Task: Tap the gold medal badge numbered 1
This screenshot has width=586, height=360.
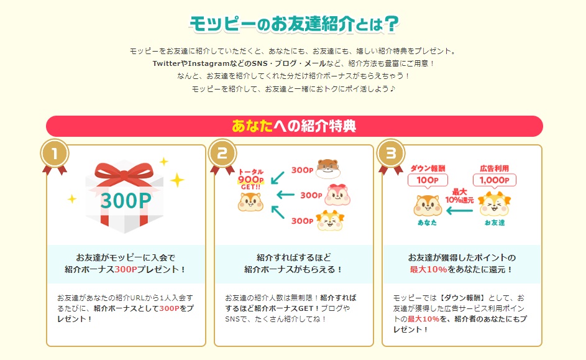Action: (x=55, y=154)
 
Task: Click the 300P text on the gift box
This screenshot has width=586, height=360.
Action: (x=126, y=200)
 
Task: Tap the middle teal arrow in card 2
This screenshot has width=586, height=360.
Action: (x=285, y=195)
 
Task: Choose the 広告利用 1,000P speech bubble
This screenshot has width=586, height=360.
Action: (x=495, y=176)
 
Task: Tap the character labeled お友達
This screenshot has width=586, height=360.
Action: (x=495, y=205)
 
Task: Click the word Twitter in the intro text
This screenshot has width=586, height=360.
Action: (x=165, y=63)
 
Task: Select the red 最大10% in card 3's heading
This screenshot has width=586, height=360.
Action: (x=423, y=270)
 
